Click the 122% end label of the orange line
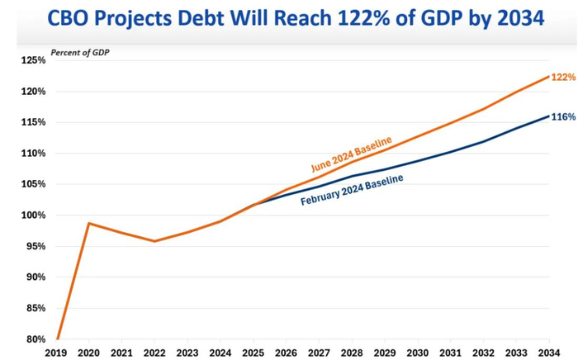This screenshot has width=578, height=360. (562, 77)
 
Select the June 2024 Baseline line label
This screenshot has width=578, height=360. (351, 154)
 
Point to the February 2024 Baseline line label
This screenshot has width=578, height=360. (352, 190)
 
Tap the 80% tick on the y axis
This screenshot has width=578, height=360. (34, 339)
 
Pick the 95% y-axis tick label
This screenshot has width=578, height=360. (34, 246)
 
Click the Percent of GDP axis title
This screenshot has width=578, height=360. (80, 52)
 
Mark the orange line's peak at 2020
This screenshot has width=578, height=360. (89, 223)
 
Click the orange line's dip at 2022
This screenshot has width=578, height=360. (154, 241)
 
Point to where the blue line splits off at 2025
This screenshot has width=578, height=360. (252, 204)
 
